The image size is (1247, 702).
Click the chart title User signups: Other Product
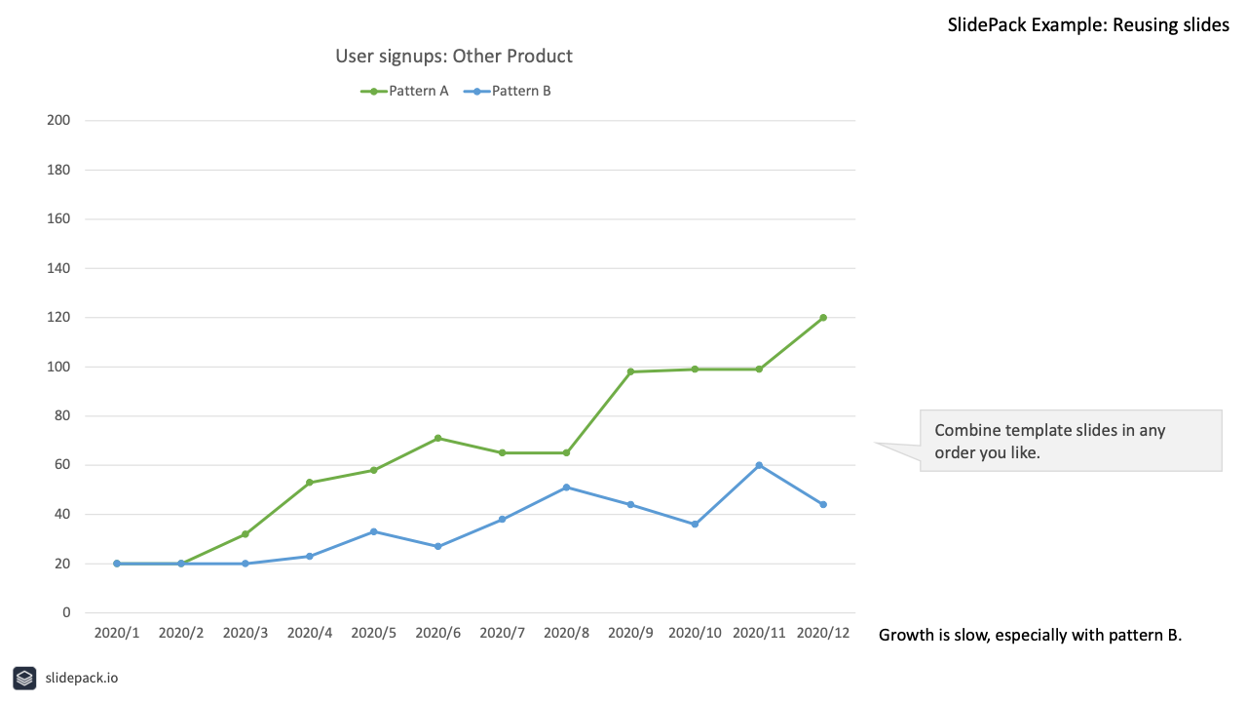(454, 57)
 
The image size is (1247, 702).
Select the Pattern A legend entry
(404, 91)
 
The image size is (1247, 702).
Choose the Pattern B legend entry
(508, 91)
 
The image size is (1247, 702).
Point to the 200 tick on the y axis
(58, 120)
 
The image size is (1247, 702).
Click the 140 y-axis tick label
(58, 268)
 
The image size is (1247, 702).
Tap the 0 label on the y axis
(66, 612)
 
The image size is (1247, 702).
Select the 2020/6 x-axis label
(438, 633)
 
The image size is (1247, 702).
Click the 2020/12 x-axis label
(823, 633)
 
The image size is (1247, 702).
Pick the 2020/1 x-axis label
(117, 633)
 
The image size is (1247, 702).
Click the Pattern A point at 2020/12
(823, 318)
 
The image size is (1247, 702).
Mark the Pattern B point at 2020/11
(759, 465)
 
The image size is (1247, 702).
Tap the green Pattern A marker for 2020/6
(438, 439)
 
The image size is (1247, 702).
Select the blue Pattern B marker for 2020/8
(567, 487)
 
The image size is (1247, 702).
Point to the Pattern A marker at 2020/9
(630, 371)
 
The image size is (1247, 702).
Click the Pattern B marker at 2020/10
(695, 525)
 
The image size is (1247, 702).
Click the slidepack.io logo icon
(24, 678)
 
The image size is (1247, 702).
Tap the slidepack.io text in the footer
(81, 678)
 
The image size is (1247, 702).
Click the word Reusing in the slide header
(1142, 25)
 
